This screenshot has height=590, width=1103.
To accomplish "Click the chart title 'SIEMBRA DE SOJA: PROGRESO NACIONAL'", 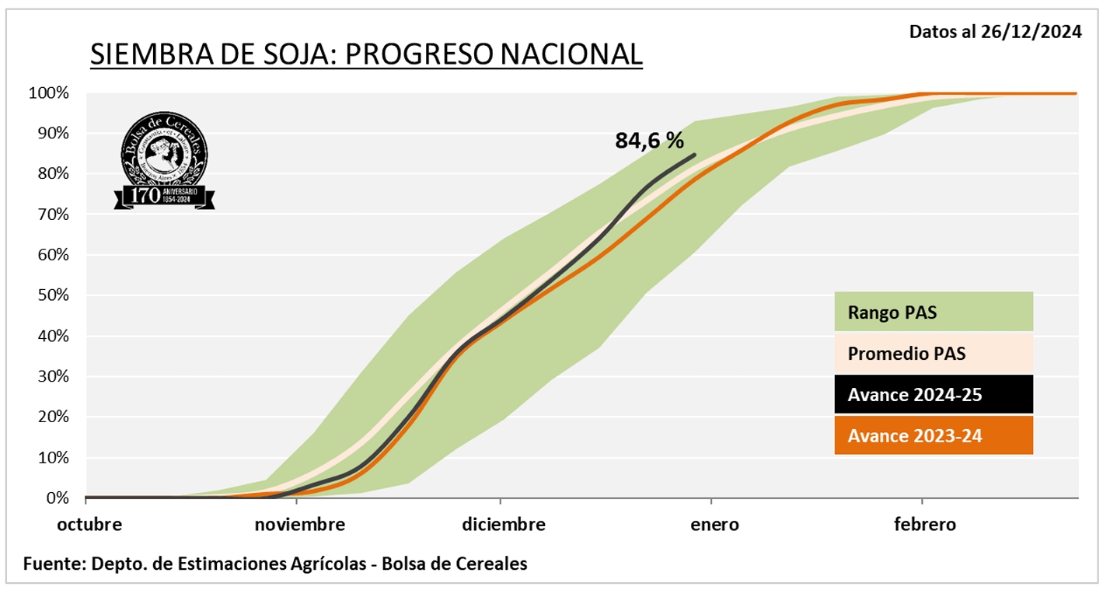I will click(366, 54).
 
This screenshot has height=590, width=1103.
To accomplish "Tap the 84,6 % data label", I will click(649, 140).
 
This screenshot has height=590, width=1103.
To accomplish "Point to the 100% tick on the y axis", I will click(49, 93).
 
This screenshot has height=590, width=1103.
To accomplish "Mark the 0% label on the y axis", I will click(56, 497).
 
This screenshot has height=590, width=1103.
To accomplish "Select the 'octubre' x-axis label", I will click(89, 525).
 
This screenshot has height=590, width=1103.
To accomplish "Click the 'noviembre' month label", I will click(299, 525).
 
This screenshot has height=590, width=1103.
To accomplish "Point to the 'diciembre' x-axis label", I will click(504, 525).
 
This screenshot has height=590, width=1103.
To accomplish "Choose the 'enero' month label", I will click(715, 525).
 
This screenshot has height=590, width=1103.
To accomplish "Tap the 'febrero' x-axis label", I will click(925, 525).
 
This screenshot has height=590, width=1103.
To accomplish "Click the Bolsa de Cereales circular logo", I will click(165, 152).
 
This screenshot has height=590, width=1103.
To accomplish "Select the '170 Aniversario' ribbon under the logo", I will click(165, 196).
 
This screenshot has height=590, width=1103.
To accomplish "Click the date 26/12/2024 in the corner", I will click(1038, 32).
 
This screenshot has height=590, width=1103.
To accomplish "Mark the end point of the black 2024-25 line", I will click(694, 154).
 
